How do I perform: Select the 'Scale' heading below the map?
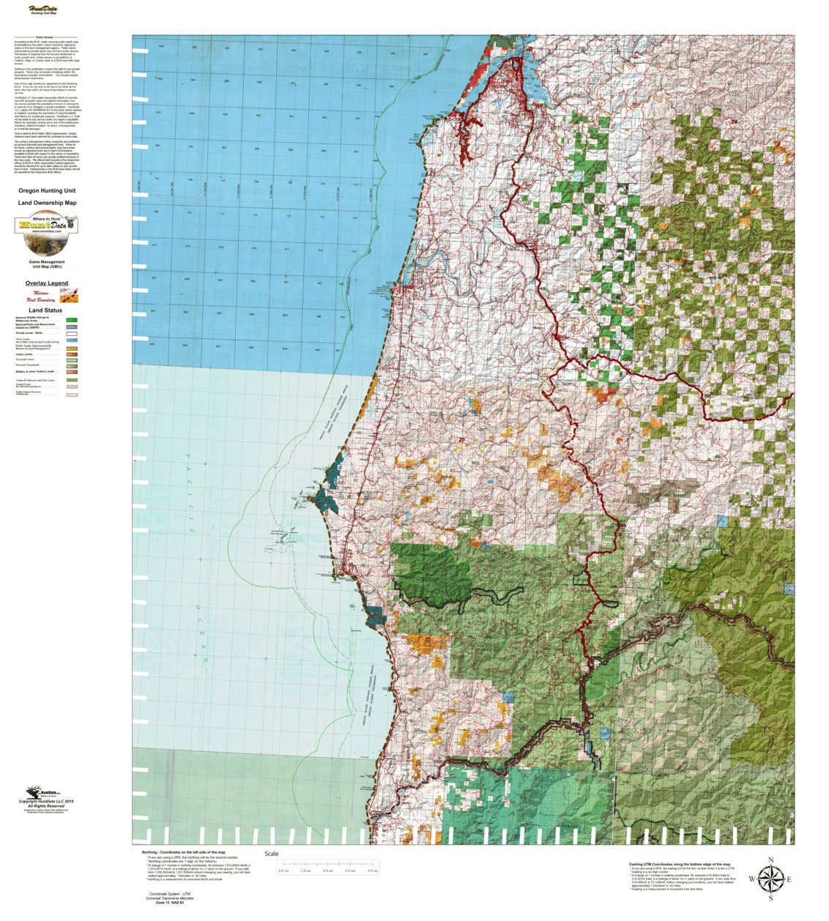coord(271,854)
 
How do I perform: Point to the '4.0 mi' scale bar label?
coord(328,870)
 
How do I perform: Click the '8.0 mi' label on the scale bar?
coord(372,870)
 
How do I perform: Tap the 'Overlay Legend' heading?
coord(47,283)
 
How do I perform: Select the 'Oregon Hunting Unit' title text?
coord(47,190)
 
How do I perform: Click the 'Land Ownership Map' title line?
coord(47,203)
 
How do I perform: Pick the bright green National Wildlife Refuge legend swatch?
coord(72,320)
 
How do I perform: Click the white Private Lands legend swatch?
coord(72,333)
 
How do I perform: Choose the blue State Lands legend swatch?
coord(72,340)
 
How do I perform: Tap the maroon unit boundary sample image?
coord(70,296)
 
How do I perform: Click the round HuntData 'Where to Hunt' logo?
coord(47,225)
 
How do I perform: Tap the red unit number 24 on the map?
coord(734,122)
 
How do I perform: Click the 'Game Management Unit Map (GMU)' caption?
coord(47,264)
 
